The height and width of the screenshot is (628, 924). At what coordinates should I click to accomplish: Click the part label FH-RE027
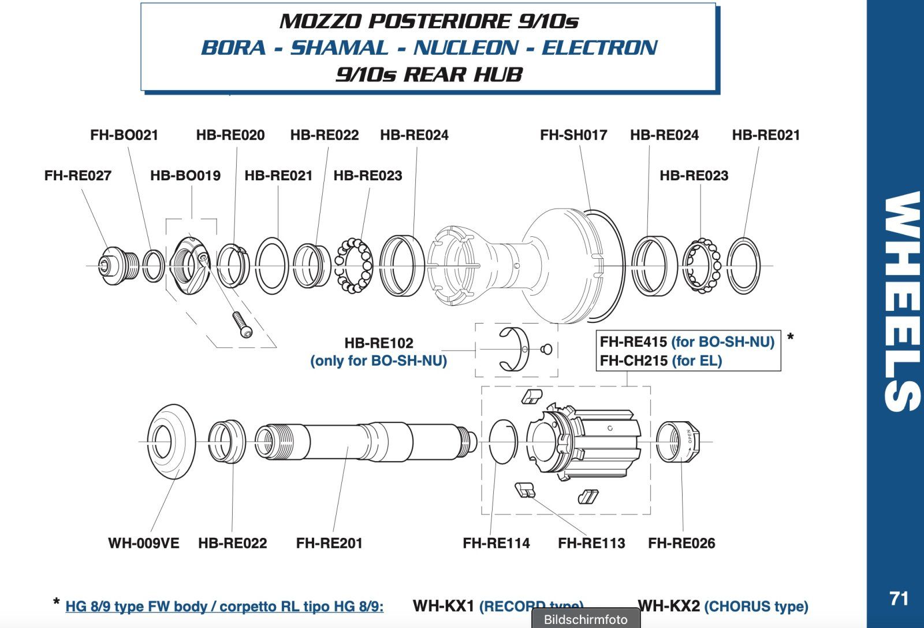pos(77,176)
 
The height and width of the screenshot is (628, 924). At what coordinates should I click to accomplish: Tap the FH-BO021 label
pos(124,135)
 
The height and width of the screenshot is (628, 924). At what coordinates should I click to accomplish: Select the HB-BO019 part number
pos(185,176)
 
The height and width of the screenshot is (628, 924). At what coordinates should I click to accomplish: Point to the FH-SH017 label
pos(573,135)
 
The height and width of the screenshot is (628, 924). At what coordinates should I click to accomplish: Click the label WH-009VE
pos(144,544)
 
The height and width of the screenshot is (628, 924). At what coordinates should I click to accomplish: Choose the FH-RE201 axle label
pos(329,544)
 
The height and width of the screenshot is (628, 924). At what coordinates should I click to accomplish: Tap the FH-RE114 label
pos(496,544)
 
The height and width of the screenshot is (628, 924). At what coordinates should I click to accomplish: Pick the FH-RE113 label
pos(591,544)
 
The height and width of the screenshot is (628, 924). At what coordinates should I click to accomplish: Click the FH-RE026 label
pos(681,544)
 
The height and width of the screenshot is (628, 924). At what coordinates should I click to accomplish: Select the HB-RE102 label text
pos(379,343)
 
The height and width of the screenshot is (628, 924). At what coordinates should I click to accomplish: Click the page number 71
pos(899,599)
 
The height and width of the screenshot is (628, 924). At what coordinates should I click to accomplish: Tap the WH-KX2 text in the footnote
pos(668,606)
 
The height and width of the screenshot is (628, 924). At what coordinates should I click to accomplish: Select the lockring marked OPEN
pos(679,442)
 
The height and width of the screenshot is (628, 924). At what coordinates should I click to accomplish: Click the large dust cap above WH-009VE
pos(171,441)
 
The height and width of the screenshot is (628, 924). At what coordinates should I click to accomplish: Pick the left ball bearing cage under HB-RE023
pos(354,266)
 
